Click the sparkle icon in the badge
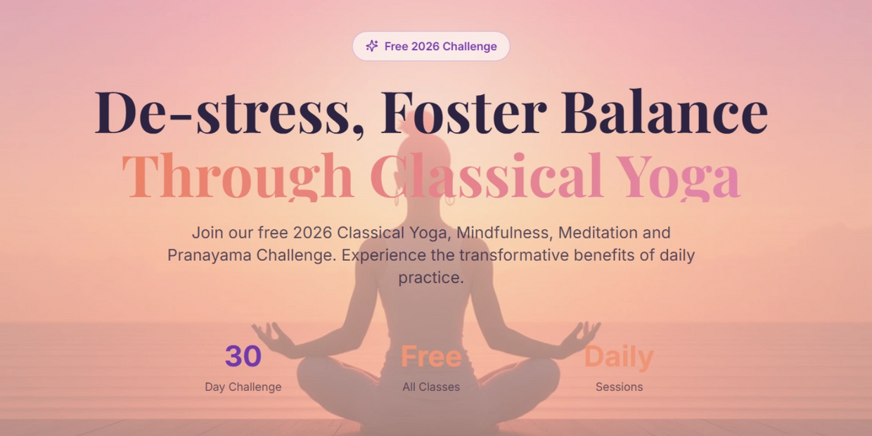pyautogui.click(x=372, y=46)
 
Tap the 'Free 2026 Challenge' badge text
pyautogui.click(x=441, y=46)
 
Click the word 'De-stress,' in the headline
pyautogui.click(x=230, y=113)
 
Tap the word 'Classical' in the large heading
pyautogui.click(x=487, y=175)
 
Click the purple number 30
pyautogui.click(x=243, y=356)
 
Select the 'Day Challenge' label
pyautogui.click(x=243, y=387)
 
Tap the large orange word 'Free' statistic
pyautogui.click(x=431, y=356)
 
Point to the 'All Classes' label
pyautogui.click(x=431, y=387)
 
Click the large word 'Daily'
pyautogui.click(x=619, y=357)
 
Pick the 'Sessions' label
pyautogui.click(x=619, y=387)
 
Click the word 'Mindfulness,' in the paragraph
pyautogui.click(x=504, y=233)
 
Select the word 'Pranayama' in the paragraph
pyautogui.click(x=210, y=256)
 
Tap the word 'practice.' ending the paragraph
pyautogui.click(x=431, y=278)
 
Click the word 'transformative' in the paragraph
pyautogui.click(x=514, y=255)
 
